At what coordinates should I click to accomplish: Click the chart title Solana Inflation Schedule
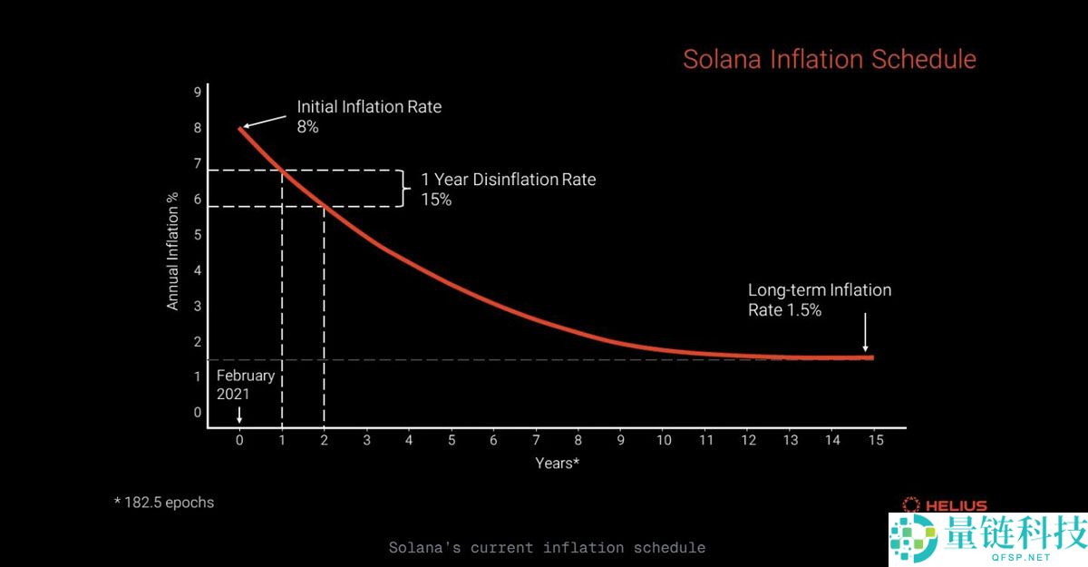point(829,60)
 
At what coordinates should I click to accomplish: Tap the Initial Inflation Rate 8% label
point(369,116)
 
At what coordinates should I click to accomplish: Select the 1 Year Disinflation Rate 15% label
point(508,189)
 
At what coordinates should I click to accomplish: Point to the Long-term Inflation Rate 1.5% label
point(819,299)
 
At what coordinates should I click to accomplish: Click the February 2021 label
point(245,385)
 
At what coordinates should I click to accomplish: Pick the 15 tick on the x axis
point(875,440)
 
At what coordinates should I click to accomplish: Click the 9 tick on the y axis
point(197,93)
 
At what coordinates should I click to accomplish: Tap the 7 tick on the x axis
point(536,440)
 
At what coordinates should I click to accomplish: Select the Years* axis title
point(557,463)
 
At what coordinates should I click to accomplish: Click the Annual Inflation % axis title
point(173,251)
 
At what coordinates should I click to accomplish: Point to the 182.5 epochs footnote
point(164,502)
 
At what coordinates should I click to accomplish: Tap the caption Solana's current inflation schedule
point(547,547)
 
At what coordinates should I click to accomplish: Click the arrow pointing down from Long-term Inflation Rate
point(865,332)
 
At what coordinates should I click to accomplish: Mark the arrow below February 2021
point(239,415)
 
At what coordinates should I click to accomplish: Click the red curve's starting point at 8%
point(241,129)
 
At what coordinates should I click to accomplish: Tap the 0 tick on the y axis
point(197,412)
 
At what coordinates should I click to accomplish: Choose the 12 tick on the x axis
point(748,440)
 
